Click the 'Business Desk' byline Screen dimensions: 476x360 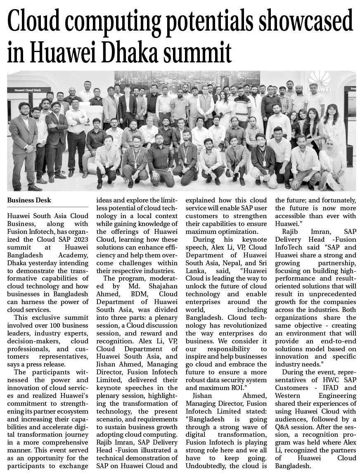(29, 200)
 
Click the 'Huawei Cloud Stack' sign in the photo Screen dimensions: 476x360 (28, 90)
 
